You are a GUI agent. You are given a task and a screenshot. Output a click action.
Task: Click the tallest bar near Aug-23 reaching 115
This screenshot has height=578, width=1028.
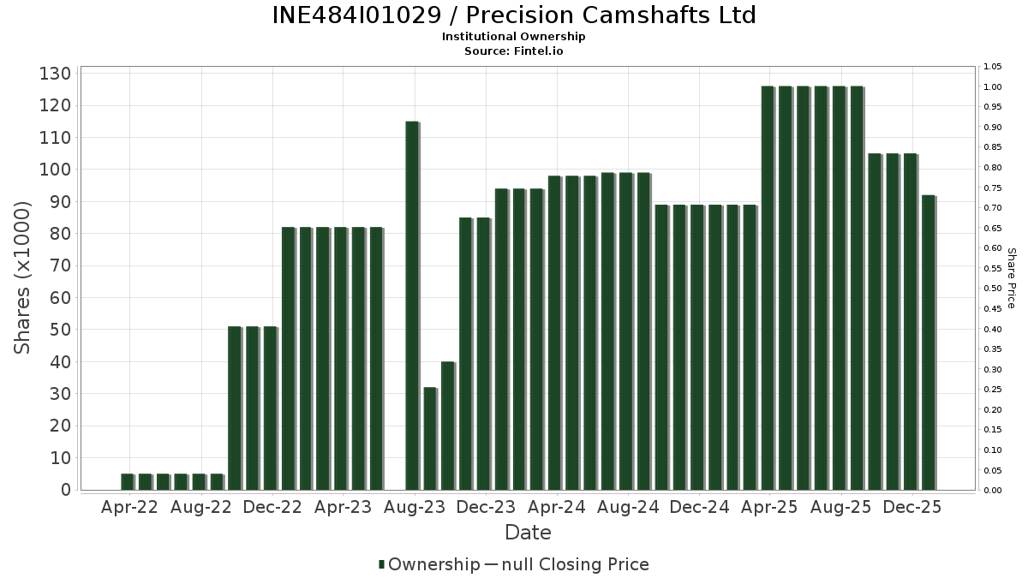(412, 305)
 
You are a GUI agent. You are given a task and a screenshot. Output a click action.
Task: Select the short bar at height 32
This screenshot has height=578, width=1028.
(430, 438)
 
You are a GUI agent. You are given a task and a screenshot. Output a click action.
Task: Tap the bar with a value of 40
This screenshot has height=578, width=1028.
(447, 426)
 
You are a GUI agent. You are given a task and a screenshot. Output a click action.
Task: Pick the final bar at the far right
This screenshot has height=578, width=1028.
(928, 343)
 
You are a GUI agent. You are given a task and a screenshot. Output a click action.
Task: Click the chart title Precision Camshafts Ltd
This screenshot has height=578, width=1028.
(514, 15)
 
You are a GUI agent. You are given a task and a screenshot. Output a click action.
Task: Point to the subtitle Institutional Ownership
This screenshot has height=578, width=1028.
(514, 37)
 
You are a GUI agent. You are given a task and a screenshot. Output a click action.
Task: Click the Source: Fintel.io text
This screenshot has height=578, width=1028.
(514, 51)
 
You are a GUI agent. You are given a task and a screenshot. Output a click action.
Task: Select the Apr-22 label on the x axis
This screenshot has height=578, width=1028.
(129, 507)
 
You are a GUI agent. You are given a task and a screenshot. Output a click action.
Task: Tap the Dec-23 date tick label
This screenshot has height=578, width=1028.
(486, 507)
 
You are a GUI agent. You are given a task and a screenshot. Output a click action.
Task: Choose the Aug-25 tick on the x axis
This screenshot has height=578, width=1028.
(841, 507)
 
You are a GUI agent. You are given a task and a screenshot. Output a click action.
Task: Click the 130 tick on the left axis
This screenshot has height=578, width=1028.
(55, 74)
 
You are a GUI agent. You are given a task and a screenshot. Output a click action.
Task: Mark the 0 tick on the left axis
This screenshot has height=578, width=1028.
(65, 490)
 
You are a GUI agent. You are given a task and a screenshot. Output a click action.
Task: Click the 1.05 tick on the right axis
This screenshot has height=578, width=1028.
(993, 67)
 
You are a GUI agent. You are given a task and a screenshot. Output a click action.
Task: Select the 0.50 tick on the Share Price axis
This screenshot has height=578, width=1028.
(993, 289)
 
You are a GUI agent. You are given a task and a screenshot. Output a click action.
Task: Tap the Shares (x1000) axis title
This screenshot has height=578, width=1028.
(23, 277)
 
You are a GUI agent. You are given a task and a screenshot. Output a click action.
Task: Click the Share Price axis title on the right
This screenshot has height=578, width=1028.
(1011, 277)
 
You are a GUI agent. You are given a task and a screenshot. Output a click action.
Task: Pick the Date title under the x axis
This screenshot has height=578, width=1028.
(528, 533)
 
